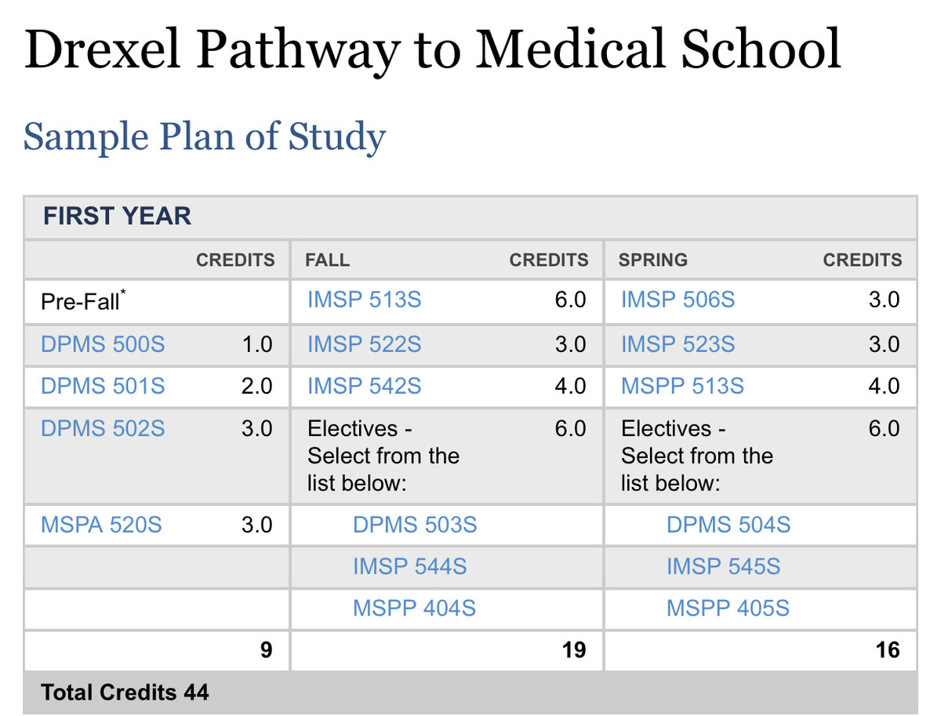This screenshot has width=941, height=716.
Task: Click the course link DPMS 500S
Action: click(x=103, y=344)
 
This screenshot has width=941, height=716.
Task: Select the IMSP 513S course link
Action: click(x=365, y=300)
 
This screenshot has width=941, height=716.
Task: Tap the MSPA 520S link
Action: click(x=101, y=525)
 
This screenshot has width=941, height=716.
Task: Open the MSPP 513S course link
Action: click(x=682, y=386)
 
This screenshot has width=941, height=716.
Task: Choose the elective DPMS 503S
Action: click(x=415, y=525)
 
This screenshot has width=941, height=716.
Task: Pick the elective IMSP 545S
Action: click(x=723, y=566)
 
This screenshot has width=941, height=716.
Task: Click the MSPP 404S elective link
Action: click(x=414, y=608)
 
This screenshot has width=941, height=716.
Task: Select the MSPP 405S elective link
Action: click(x=728, y=608)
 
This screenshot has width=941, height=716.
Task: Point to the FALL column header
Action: click(x=328, y=260)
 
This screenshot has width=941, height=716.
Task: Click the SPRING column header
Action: click(x=653, y=260)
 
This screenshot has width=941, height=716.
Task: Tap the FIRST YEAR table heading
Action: click(x=117, y=216)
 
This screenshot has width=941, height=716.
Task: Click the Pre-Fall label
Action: click(x=83, y=300)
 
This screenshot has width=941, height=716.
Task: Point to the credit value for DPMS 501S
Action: click(x=256, y=386)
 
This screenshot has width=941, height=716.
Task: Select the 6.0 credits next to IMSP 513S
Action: click(x=570, y=300)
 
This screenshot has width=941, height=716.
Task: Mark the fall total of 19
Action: click(x=574, y=650)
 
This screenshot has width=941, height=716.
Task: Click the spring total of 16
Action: click(x=888, y=650)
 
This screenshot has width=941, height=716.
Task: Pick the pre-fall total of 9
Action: click(x=266, y=650)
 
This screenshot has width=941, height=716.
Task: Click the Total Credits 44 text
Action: click(x=125, y=692)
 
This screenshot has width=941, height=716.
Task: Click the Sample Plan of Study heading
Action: click(x=205, y=136)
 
